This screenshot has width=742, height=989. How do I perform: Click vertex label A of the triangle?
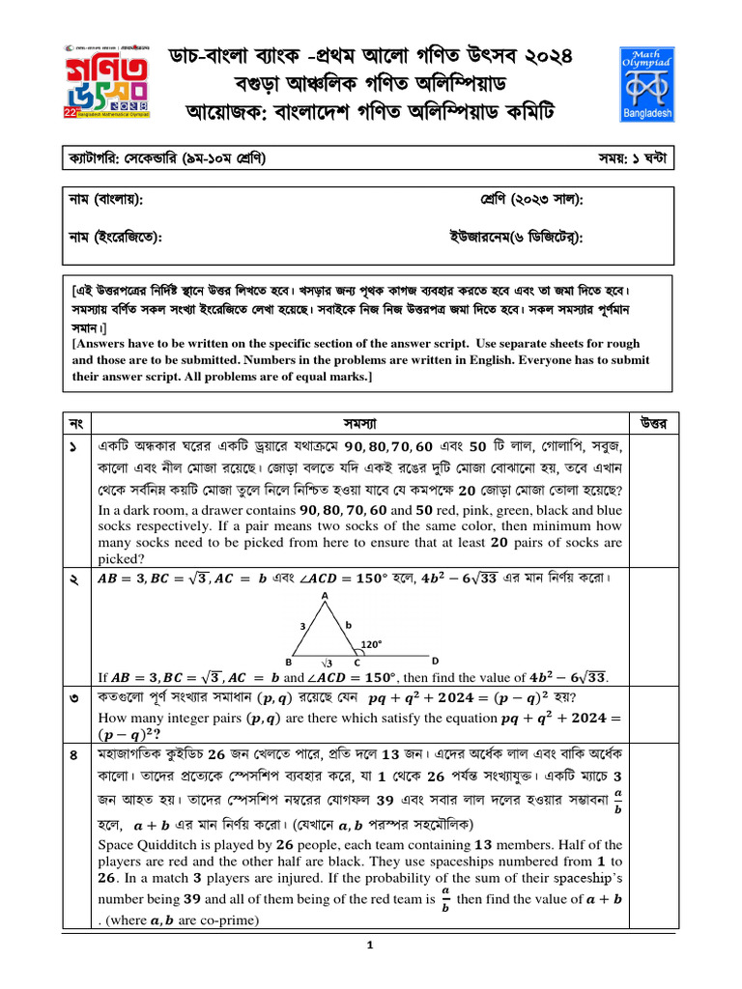pyautogui.click(x=325, y=596)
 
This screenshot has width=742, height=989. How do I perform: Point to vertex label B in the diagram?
pyautogui.click(x=288, y=662)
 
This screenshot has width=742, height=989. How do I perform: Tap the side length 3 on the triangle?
pyautogui.click(x=303, y=627)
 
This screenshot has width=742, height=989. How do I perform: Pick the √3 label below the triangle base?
pyautogui.click(x=328, y=664)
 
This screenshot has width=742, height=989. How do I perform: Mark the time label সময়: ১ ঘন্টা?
pyautogui.click(x=639, y=156)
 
